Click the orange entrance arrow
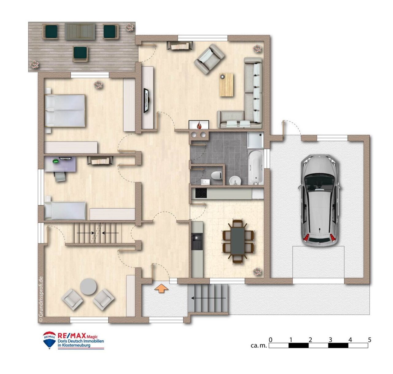pos(161,289)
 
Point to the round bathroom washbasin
pos(235,180)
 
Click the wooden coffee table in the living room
pos(227,85)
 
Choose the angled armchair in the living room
pos(209,59)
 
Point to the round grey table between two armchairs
pos(88,286)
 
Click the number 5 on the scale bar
pos(369,340)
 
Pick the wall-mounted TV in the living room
pos(147,100)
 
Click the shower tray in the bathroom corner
pos(255,141)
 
